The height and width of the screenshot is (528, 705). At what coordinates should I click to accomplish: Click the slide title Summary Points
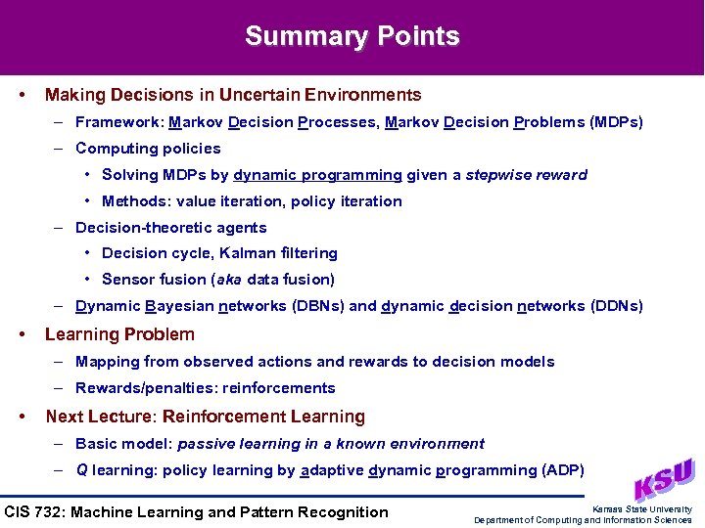point(352,37)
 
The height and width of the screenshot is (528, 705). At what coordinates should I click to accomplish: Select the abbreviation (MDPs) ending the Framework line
point(616,123)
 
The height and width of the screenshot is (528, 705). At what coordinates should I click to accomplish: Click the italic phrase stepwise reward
point(526,175)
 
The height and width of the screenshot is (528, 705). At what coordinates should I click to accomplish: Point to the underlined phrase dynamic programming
point(317,175)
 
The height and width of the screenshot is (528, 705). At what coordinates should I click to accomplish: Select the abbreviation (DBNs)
point(318,306)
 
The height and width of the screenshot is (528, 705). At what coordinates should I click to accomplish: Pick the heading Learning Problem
point(119,334)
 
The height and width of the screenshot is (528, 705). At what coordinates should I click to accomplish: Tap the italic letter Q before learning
point(81,470)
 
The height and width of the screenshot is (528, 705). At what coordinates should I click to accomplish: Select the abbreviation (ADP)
point(562,470)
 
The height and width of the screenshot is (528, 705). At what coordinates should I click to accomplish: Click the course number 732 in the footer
point(53,512)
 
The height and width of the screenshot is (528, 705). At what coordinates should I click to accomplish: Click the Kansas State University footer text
point(641,508)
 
